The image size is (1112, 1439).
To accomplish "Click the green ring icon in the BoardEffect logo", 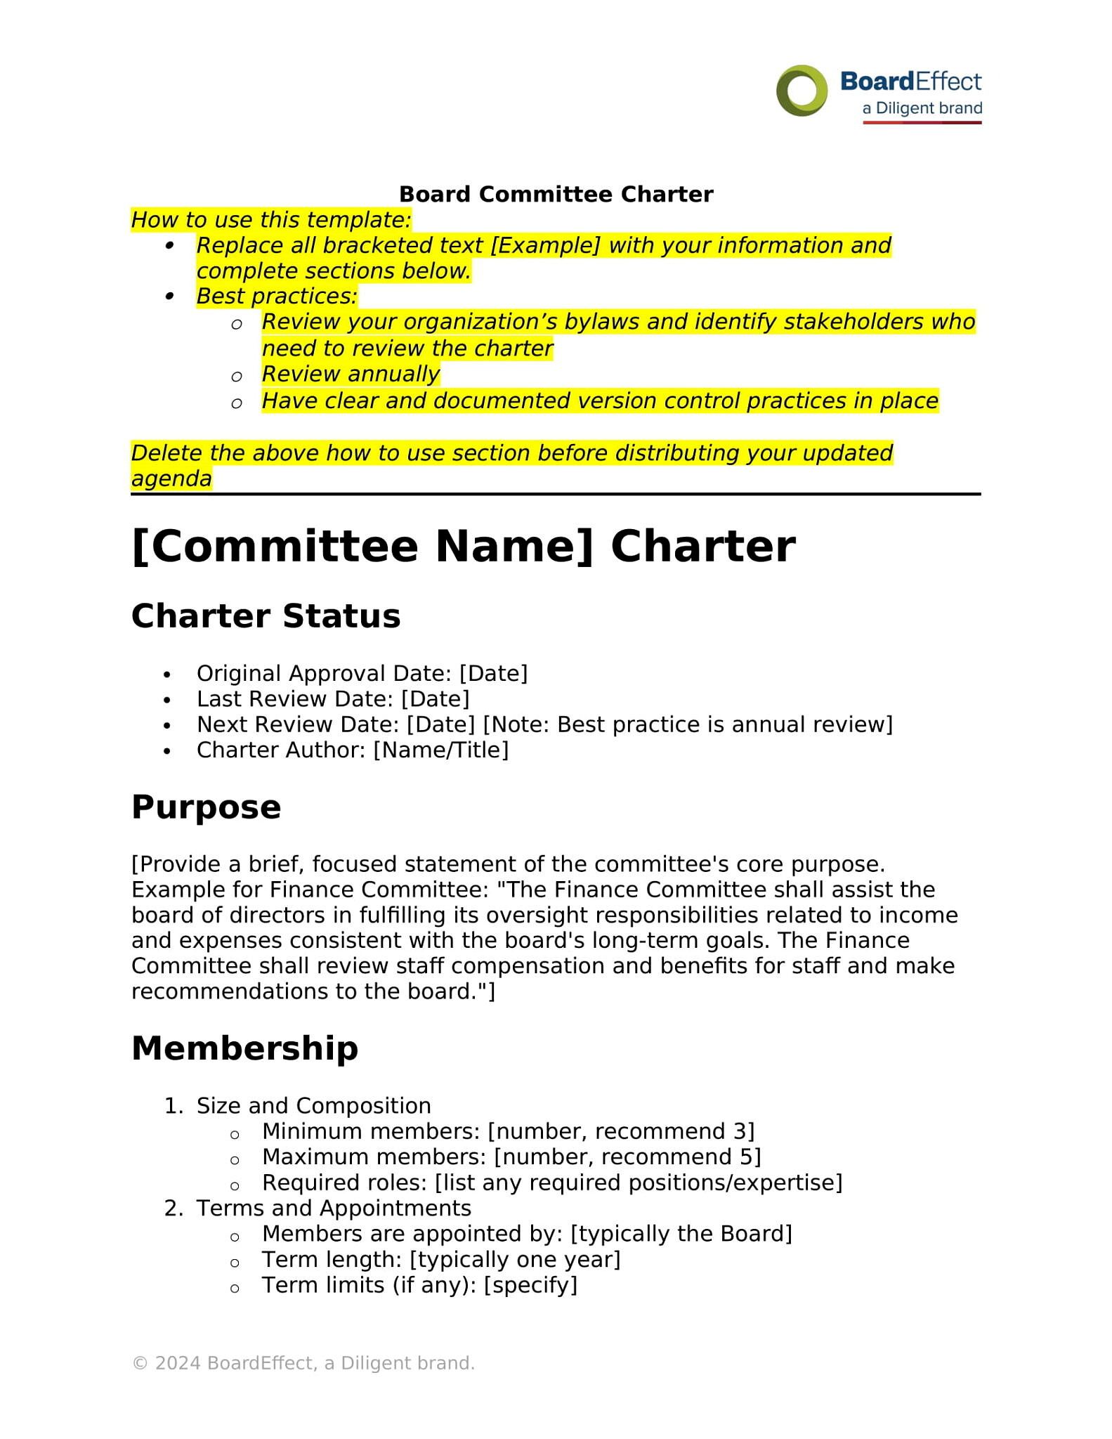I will pyautogui.click(x=801, y=91).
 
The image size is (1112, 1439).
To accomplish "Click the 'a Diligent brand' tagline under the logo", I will pyautogui.click(x=922, y=108).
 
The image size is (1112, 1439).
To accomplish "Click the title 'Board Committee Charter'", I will pyautogui.click(x=556, y=194).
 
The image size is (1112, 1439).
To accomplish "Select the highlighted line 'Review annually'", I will pyautogui.click(x=351, y=374).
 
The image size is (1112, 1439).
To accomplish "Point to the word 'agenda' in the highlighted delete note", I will pyautogui.click(x=171, y=478).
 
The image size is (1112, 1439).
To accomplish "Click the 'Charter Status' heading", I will pyautogui.click(x=266, y=616).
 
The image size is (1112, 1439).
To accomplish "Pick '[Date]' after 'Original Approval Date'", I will pyautogui.click(x=493, y=673).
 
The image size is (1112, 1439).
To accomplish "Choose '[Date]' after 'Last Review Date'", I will pyautogui.click(x=435, y=699).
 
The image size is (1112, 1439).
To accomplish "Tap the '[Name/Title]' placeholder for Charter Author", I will pyautogui.click(x=440, y=750).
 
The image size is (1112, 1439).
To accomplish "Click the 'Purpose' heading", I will pyautogui.click(x=206, y=807).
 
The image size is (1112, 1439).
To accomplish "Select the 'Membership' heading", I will pyautogui.click(x=244, y=1048).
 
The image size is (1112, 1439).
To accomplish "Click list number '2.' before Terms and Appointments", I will pyautogui.click(x=173, y=1208).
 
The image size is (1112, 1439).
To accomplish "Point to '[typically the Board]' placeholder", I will pyautogui.click(x=681, y=1234).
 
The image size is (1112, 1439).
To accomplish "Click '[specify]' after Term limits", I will pyautogui.click(x=530, y=1285).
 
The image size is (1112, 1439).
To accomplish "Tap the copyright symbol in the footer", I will pyautogui.click(x=140, y=1363).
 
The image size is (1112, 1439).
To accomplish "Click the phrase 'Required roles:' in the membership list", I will pyautogui.click(x=344, y=1183).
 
